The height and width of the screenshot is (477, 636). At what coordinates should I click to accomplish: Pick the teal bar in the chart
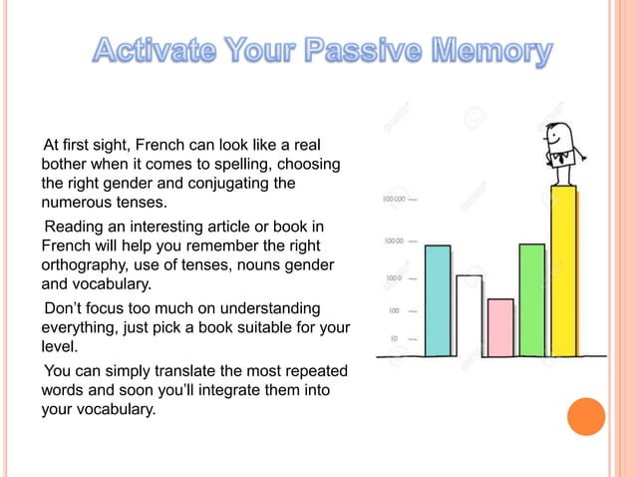[438, 299]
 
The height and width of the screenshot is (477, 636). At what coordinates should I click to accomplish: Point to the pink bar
[500, 327]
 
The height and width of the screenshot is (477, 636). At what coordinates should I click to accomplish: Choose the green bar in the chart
[531, 299]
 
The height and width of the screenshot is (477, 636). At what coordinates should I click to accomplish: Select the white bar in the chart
[469, 315]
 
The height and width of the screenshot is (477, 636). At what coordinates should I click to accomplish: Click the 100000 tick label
[393, 200]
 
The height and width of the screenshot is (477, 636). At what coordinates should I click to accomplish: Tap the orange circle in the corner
[585, 417]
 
